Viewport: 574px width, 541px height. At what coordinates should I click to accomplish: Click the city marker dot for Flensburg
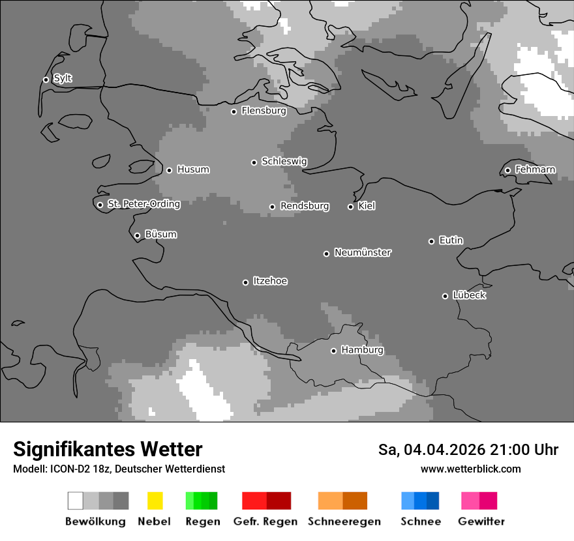[234, 111]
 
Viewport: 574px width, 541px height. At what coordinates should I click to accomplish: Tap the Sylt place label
[63, 78]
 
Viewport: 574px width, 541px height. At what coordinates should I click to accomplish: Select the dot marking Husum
[169, 170]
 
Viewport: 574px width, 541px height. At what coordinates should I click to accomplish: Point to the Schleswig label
[284, 161]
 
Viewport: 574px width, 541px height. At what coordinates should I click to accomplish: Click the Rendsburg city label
[304, 206]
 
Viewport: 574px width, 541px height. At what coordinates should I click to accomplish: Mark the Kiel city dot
[350, 207]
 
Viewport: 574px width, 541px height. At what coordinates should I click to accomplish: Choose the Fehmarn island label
[535, 169]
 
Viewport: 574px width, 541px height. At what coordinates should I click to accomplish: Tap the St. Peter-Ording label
[143, 204]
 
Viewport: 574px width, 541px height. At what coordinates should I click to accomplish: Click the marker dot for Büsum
[137, 235]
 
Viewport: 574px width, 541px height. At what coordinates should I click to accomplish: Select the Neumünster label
[362, 252]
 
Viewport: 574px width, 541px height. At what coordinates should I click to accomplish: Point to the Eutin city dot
[431, 241]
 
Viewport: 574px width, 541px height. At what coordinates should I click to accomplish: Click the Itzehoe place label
[270, 281]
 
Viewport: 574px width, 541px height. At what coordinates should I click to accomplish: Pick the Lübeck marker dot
[445, 296]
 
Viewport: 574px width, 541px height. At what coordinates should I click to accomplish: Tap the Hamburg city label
[362, 350]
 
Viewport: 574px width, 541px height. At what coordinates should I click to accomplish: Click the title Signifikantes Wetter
[108, 449]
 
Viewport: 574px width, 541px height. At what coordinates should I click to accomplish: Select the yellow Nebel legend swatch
[155, 501]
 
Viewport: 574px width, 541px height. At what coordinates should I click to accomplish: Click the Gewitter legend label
[481, 521]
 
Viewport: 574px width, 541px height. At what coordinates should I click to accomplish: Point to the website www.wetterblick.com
[470, 469]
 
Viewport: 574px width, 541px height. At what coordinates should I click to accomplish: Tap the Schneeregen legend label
[344, 521]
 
